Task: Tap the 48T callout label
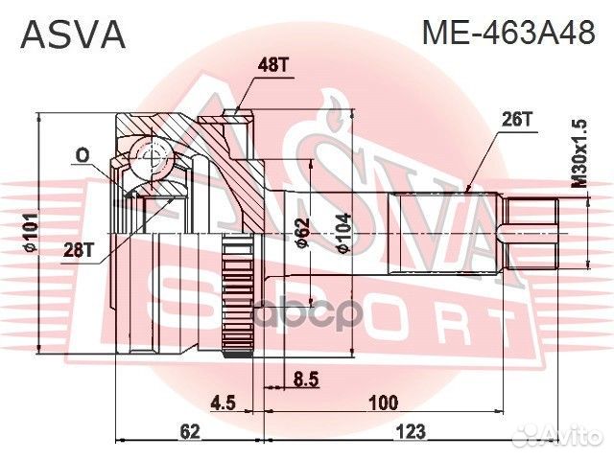(273, 65)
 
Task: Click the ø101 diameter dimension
(31, 235)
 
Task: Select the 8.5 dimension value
(306, 379)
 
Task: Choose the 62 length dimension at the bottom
(189, 432)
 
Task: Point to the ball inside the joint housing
(148, 153)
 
